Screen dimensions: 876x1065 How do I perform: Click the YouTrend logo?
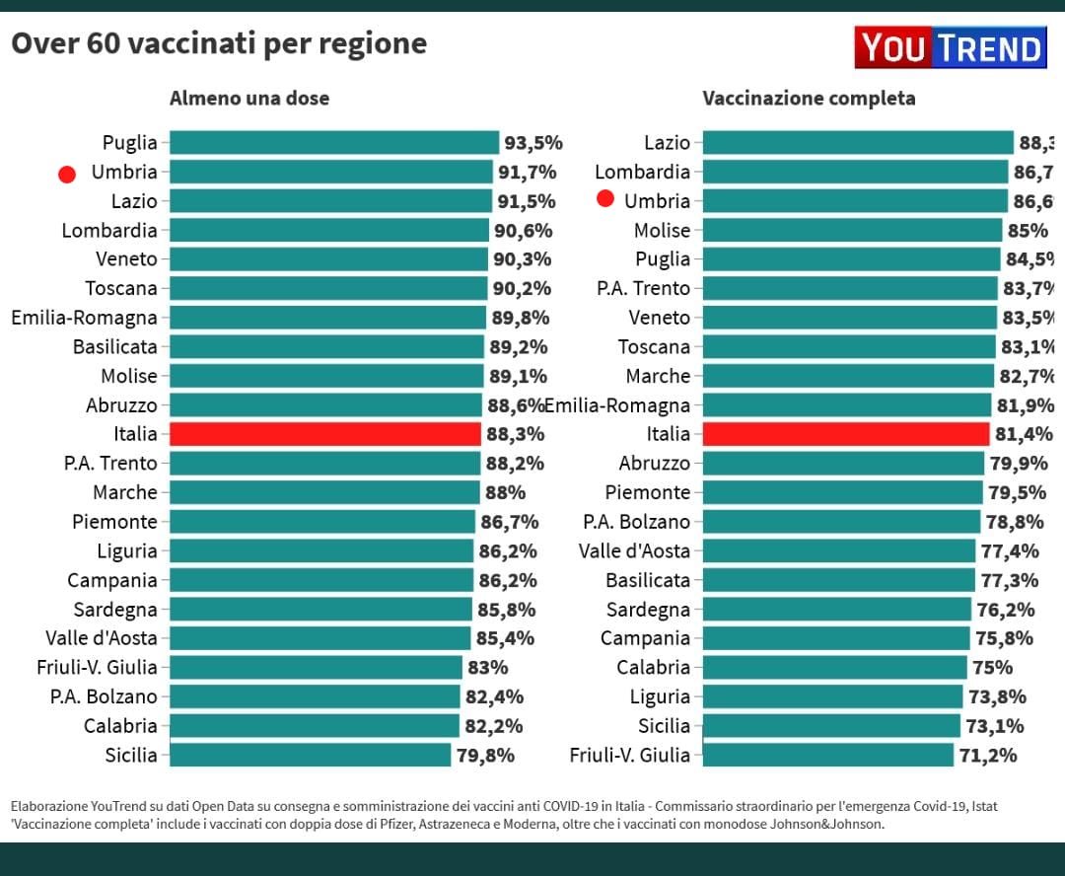[950, 47]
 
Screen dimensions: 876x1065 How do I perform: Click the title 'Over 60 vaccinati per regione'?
[218, 44]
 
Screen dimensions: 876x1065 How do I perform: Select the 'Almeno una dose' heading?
[249, 99]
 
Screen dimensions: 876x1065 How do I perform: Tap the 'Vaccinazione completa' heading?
[809, 99]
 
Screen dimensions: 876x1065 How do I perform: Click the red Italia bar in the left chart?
[324, 434]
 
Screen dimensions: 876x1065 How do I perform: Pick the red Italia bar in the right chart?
[845, 434]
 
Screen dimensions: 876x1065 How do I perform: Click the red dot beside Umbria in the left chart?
[67, 175]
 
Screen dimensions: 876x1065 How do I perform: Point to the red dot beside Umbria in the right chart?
[605, 199]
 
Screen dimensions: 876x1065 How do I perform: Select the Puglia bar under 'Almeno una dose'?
[334, 143]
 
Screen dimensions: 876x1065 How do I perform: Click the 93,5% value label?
[532, 143]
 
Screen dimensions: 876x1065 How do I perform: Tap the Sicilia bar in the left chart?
[310, 755]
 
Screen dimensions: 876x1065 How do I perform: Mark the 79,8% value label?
[484, 756]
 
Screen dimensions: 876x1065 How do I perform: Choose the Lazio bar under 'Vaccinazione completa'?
[858, 143]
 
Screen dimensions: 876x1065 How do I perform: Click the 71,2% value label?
[986, 756]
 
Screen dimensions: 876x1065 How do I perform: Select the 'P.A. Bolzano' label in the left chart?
[104, 696]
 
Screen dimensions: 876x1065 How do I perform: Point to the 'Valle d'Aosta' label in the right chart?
[634, 550]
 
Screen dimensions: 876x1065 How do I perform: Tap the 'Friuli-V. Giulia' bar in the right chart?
[827, 755]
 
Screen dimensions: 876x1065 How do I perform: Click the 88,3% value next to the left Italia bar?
[514, 434]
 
